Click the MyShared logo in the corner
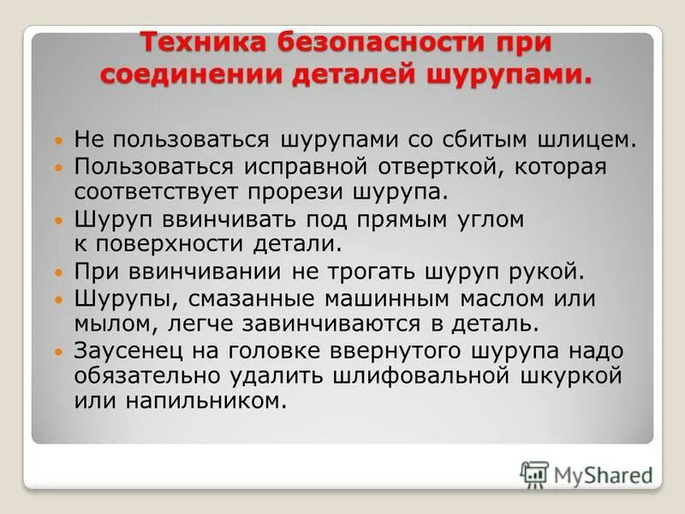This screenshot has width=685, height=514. coord(586,474)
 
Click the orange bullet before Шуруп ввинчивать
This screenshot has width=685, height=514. coord(58,220)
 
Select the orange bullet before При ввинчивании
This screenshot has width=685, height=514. coord(58,274)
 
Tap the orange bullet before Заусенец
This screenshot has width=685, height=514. coord(58,353)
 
